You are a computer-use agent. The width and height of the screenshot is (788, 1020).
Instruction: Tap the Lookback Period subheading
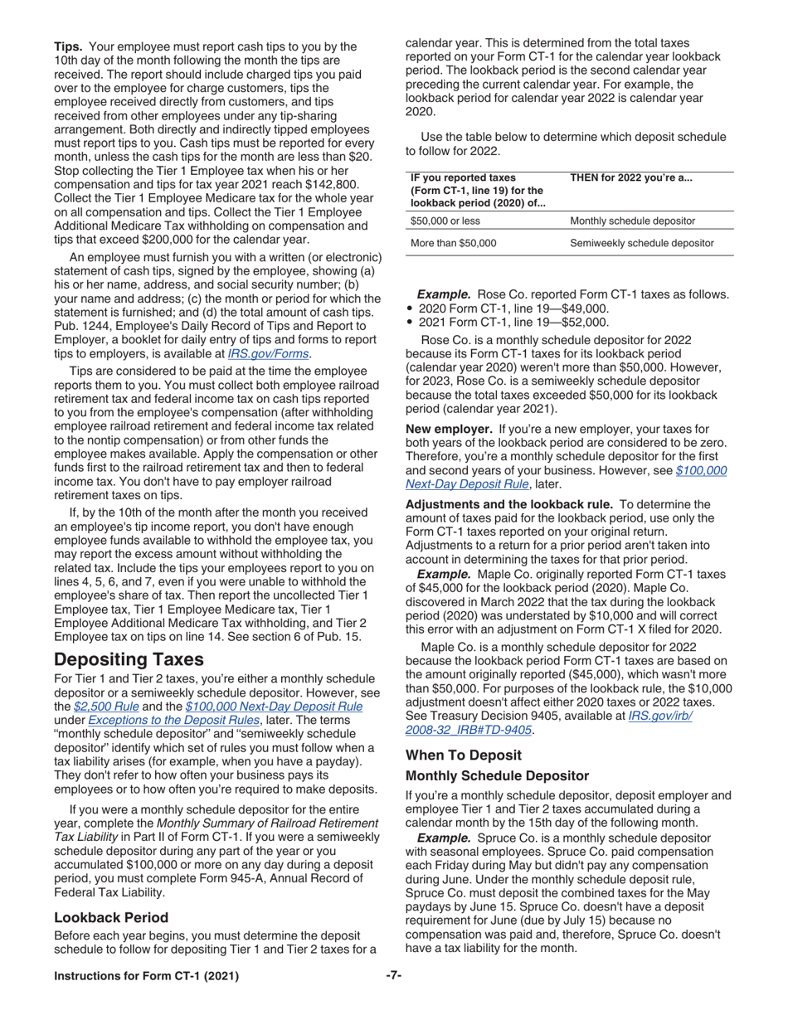click(111, 917)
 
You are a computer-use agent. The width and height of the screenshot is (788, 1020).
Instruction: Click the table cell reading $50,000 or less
click(445, 221)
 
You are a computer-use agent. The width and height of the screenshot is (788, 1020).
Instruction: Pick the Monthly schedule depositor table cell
click(632, 221)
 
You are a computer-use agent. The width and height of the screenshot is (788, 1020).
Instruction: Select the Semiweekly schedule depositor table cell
click(641, 243)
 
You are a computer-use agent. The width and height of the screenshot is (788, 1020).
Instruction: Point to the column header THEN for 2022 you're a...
click(630, 178)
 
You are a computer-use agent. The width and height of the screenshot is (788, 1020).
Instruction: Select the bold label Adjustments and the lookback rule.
click(508, 503)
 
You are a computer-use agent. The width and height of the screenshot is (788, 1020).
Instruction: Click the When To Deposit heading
click(464, 755)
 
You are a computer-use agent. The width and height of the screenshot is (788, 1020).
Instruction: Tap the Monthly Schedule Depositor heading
click(497, 776)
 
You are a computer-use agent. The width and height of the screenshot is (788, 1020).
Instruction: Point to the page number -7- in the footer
click(393, 975)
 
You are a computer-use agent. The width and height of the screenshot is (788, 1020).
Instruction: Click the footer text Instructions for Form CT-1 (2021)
click(146, 976)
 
